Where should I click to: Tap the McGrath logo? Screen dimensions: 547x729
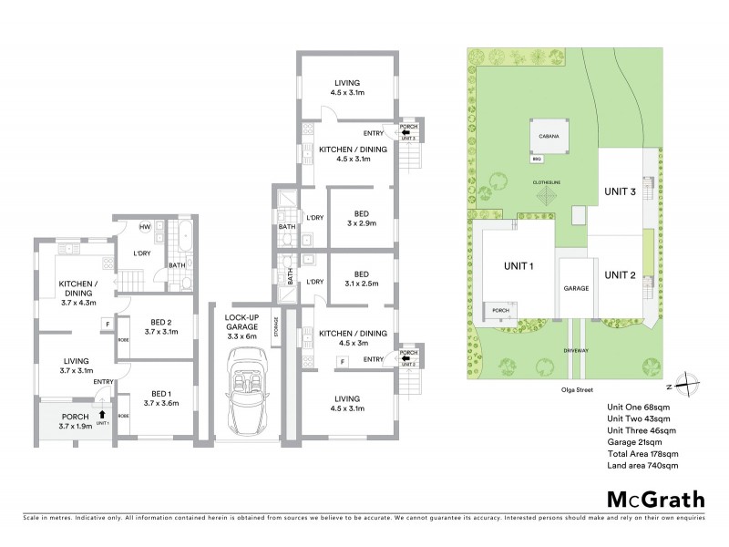(x=655, y=499)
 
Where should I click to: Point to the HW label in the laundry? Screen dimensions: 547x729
(x=145, y=227)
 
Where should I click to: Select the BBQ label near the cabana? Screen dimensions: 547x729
(x=538, y=159)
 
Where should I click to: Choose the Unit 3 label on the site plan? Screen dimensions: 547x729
(x=620, y=191)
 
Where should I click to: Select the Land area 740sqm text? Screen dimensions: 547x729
(x=643, y=466)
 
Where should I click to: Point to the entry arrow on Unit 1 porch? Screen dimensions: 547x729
(x=102, y=414)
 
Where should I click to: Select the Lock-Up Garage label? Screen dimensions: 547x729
(x=242, y=325)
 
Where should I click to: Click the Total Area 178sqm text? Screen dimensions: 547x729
(x=643, y=454)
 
